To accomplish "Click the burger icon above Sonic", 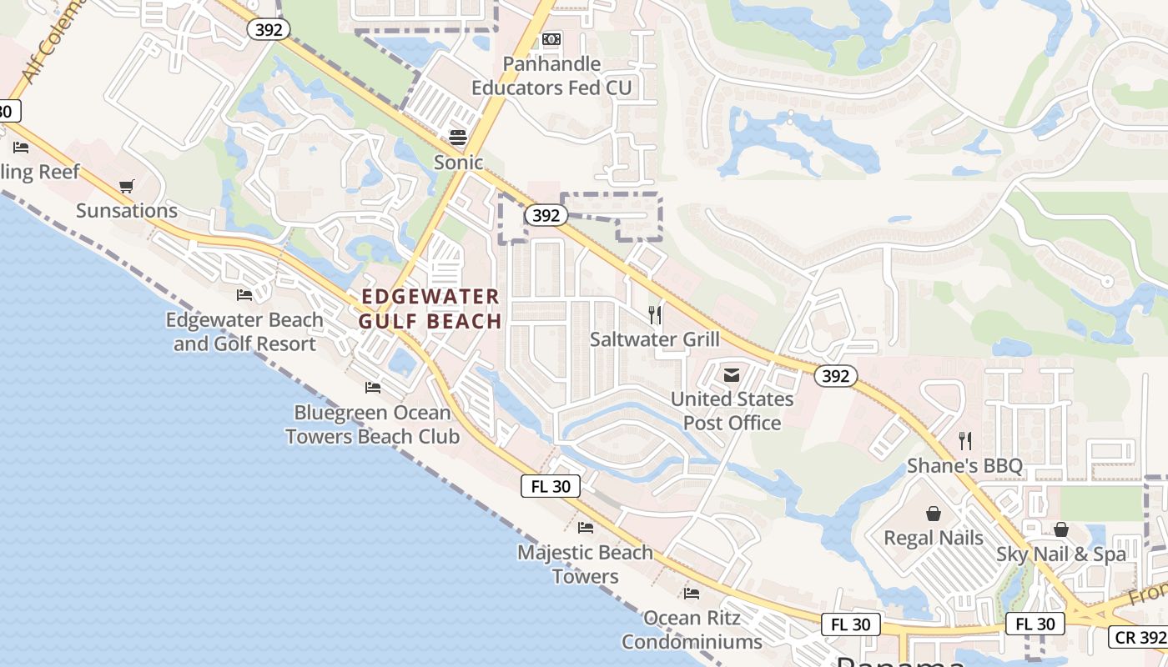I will [457, 136].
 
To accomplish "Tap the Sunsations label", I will [127, 210].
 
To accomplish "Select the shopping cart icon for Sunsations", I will [126, 186].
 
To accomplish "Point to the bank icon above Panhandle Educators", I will [551, 39].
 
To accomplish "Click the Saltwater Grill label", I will [655, 339].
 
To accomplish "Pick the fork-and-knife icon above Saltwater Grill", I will [655, 315].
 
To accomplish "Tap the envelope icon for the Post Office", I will [732, 375].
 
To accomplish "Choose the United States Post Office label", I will [733, 411].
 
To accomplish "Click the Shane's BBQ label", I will [964, 465].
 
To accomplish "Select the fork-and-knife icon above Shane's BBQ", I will [965, 440].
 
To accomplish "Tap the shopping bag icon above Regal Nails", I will [934, 514].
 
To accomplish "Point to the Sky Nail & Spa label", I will [1061, 554].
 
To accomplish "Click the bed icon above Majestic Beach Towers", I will [586, 528].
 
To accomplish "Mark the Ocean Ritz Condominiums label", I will [692, 629].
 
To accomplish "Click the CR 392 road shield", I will [1139, 638].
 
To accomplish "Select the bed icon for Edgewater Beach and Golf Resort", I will [244, 295].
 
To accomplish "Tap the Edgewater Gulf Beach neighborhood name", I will [430, 308].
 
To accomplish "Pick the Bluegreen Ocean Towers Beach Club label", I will [372, 424].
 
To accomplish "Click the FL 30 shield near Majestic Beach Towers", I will [551, 486].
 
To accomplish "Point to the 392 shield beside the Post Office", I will [835, 376].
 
